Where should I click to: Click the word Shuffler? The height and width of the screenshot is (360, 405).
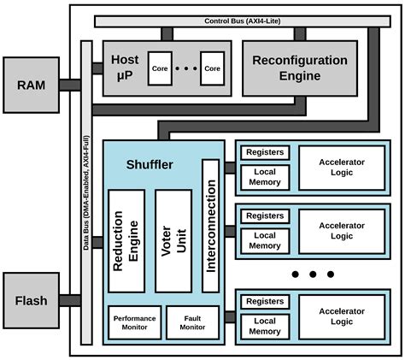[x=150, y=164]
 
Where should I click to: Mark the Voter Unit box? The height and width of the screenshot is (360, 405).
[x=173, y=240]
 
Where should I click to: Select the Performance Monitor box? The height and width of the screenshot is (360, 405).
[x=134, y=322]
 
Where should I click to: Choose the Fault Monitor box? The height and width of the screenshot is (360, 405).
[x=192, y=322]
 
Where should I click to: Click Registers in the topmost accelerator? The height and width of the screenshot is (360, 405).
[x=265, y=153]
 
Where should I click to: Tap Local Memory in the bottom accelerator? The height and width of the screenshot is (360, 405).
[x=265, y=326]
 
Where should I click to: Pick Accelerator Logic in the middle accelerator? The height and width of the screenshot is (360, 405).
[x=342, y=230]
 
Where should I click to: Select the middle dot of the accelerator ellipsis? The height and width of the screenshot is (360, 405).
[x=312, y=274]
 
